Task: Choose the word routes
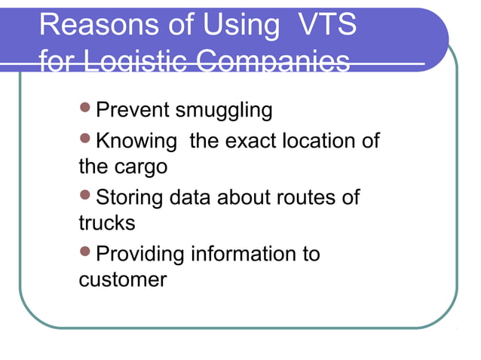click(x=306, y=198)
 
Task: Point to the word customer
click(x=122, y=279)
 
